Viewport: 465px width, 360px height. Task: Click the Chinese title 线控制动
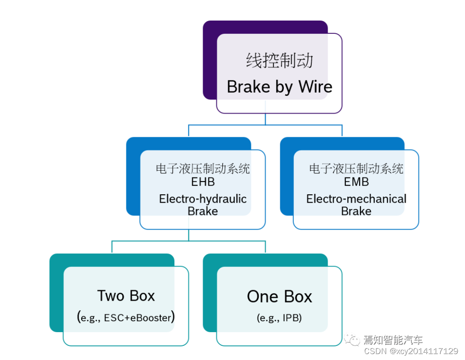(x=279, y=61)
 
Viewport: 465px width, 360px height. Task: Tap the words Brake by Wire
(x=279, y=87)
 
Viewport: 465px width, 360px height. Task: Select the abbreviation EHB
(x=203, y=182)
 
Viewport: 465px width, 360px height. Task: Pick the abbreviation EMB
(x=356, y=182)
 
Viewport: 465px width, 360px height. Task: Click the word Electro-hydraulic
(x=203, y=199)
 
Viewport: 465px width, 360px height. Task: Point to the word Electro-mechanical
(x=356, y=199)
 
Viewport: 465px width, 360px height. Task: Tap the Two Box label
(x=126, y=296)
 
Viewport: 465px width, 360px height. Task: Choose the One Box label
(x=279, y=297)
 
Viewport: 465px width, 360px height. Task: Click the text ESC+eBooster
(x=137, y=318)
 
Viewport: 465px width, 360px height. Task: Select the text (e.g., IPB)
(x=279, y=318)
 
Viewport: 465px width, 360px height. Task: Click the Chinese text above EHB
(x=203, y=169)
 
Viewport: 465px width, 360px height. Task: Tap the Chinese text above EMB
(x=356, y=169)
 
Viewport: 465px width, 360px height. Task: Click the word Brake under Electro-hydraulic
(x=203, y=211)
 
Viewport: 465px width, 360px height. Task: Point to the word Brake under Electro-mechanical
(x=356, y=211)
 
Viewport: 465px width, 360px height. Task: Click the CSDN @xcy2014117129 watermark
(x=410, y=351)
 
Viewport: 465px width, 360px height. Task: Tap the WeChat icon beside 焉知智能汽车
(x=352, y=339)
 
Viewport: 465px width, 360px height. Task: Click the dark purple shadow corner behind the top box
(x=210, y=27)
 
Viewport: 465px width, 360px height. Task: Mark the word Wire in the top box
(x=315, y=87)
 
